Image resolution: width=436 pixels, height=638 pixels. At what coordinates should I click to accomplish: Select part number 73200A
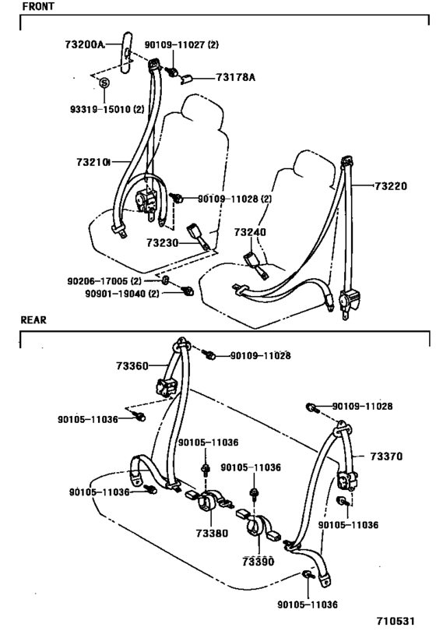tap(84, 44)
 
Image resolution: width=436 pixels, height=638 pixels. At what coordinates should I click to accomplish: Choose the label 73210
tap(92, 162)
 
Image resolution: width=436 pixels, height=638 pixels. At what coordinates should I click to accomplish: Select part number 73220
tap(391, 187)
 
